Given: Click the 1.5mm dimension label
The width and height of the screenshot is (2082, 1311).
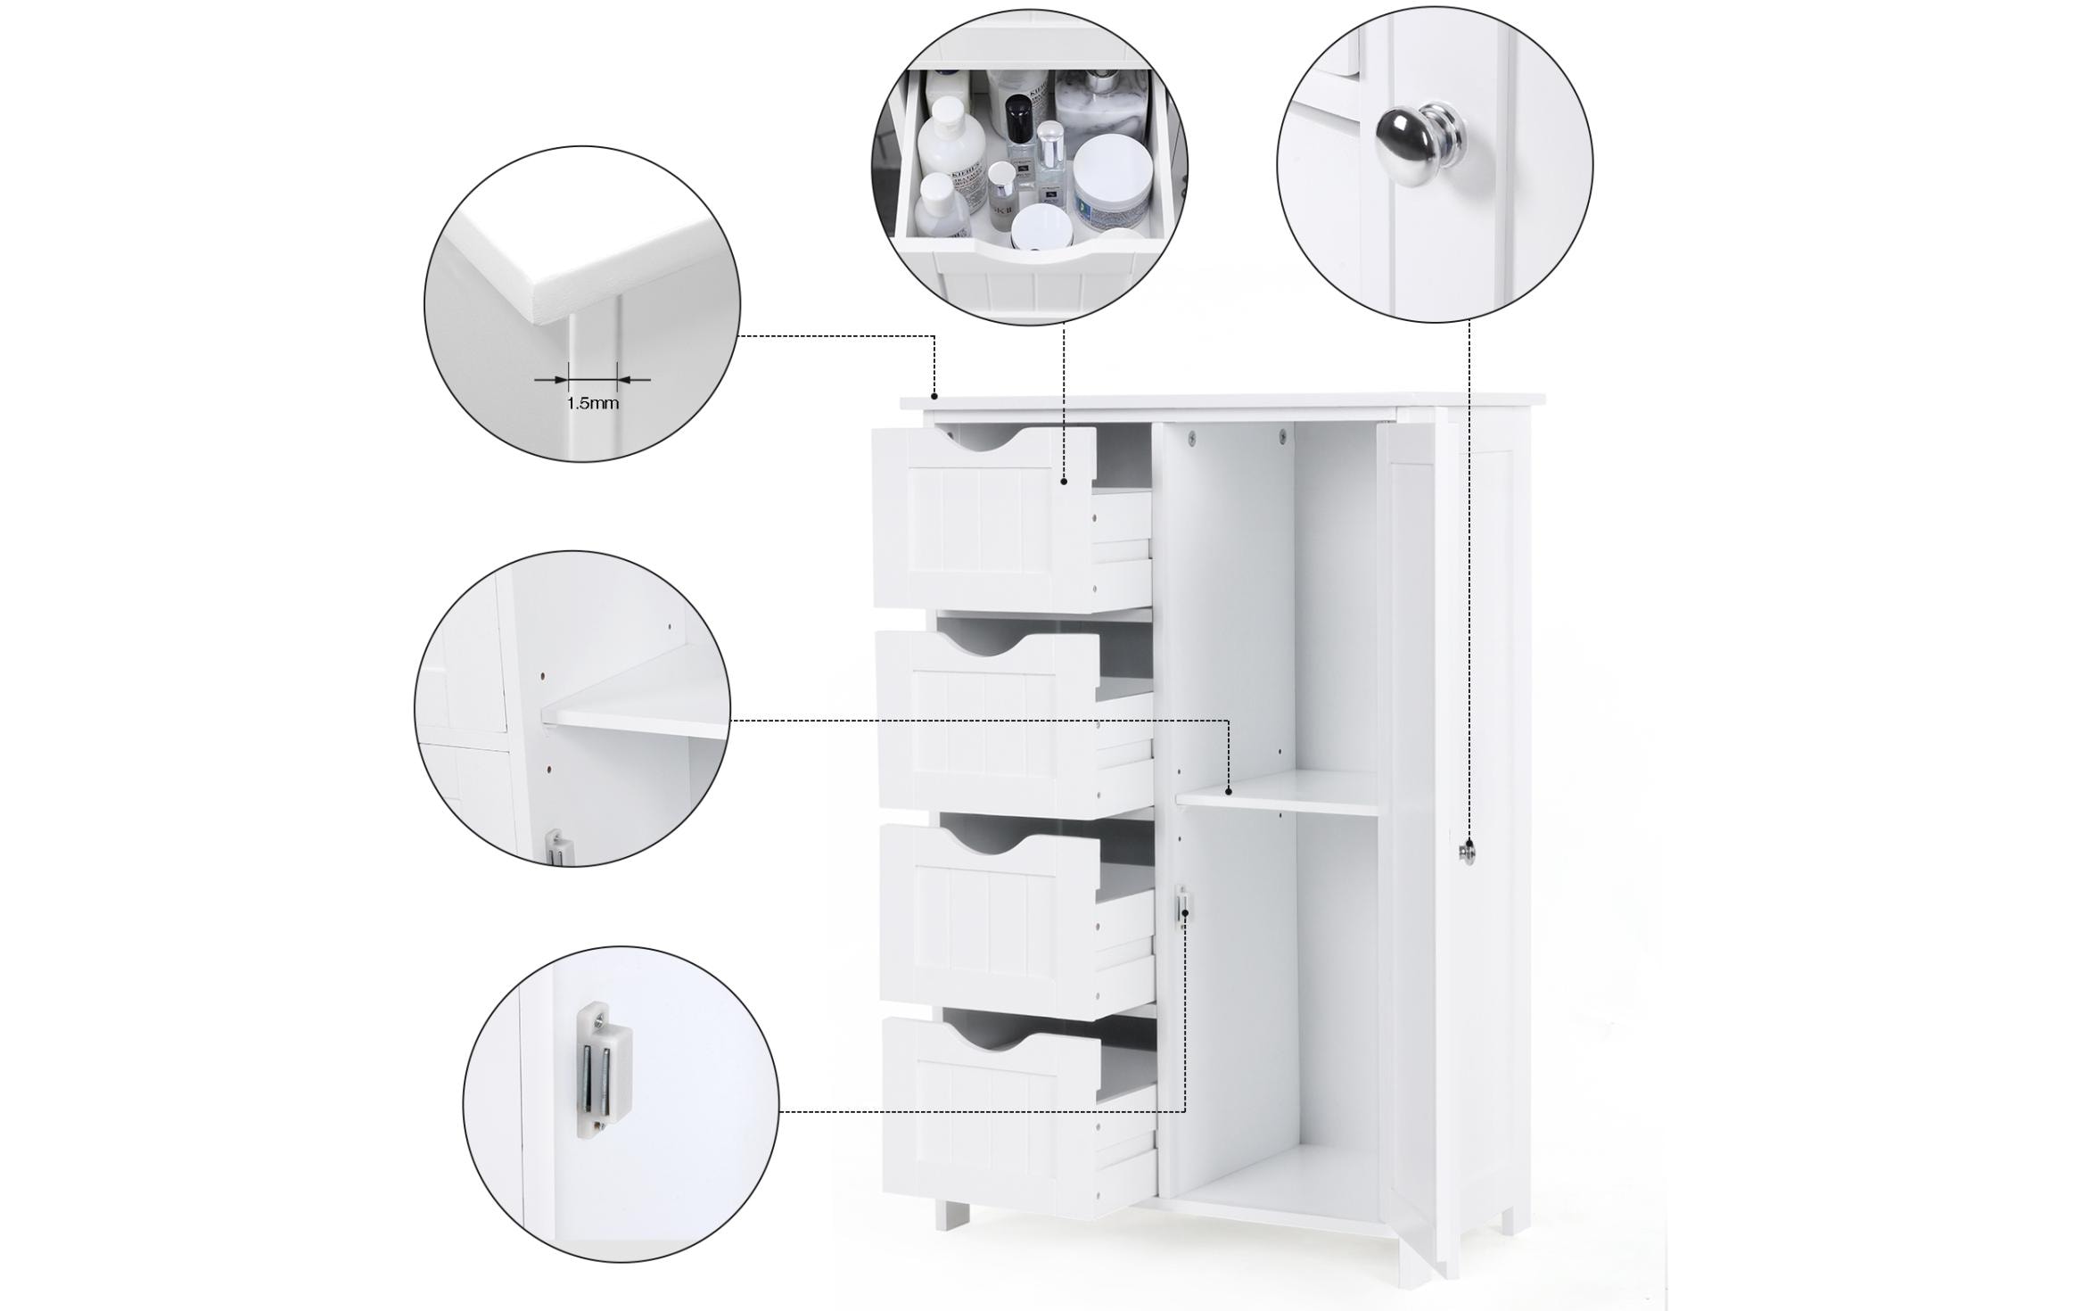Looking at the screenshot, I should (592, 403).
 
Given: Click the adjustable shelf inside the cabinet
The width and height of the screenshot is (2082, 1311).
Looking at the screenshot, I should (1277, 794).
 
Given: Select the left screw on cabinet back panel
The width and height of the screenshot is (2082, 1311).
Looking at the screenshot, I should (1192, 436).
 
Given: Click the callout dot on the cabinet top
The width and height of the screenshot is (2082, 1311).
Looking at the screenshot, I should (934, 395).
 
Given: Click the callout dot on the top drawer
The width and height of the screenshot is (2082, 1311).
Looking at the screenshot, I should (1064, 482).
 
